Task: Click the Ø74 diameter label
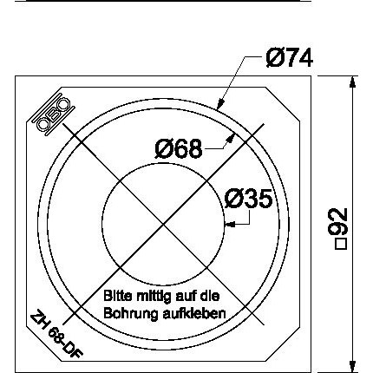coord(290,58)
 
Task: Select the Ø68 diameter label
coord(179,148)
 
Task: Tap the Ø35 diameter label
coord(249,199)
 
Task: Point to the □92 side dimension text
coord(340,228)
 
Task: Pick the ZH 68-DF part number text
coord(56,334)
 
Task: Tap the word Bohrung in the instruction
coord(131,314)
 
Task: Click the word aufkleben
coord(194,313)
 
